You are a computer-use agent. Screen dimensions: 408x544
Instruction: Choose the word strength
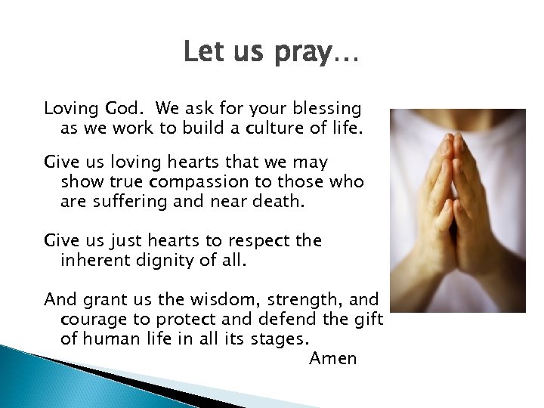click(283, 300)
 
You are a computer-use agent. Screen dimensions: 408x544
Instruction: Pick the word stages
click(295, 338)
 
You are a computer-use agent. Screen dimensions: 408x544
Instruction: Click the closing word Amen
click(332, 358)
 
